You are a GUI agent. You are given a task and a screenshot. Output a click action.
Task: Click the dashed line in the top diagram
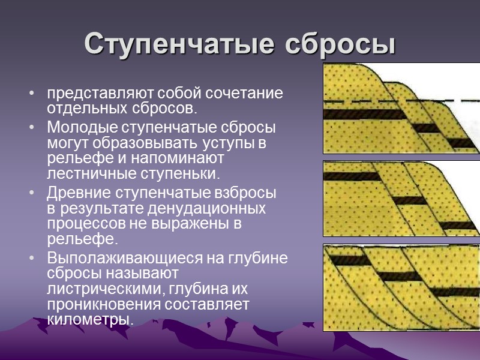(360, 101)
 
